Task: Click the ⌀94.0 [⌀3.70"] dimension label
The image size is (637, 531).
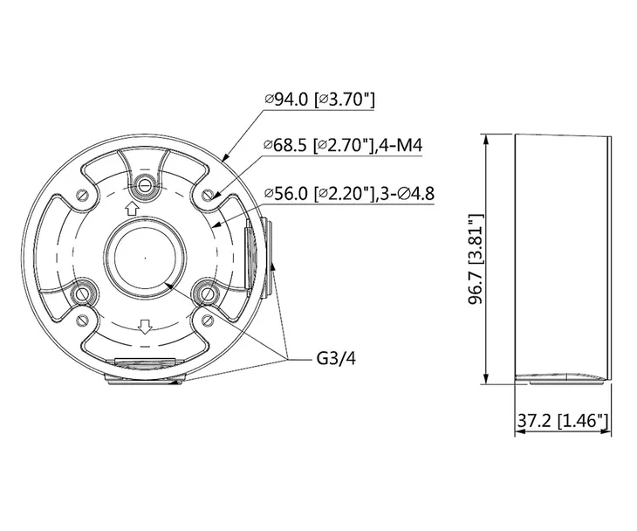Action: point(319,100)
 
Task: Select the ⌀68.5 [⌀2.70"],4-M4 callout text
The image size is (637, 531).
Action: point(343,145)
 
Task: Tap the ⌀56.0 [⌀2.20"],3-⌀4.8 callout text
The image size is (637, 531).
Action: point(349,193)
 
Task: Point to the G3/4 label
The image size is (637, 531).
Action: point(336,359)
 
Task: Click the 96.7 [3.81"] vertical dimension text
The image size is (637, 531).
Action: point(476,259)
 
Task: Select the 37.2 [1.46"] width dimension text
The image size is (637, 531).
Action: point(563,420)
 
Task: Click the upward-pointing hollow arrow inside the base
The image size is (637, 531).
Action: point(132,209)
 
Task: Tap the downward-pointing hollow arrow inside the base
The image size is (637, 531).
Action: point(145,327)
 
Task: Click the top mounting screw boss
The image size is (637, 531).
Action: point(144,186)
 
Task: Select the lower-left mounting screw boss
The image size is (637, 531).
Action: point(83,293)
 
